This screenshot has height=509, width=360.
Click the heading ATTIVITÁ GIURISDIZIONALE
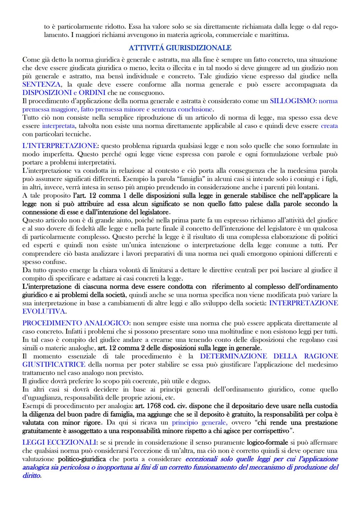pyautogui.click(x=180, y=48)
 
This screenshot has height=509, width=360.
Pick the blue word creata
pyautogui.click(x=329, y=126)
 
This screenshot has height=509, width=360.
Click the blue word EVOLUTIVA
pyautogui.click(x=44, y=311)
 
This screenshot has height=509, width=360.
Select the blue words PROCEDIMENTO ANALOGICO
pyautogui.click(x=75, y=323)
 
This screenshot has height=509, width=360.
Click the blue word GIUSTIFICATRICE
pyautogui.click(x=54, y=364)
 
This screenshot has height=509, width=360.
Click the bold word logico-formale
pyautogui.click(x=266, y=443)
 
